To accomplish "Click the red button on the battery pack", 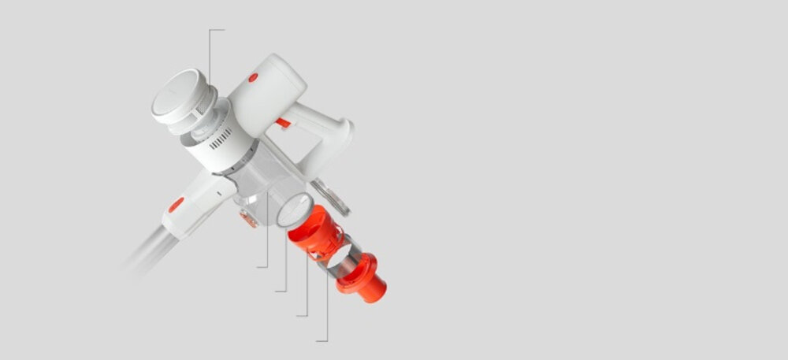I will pyautogui.click(x=253, y=77).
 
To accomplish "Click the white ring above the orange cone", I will pyautogui.click(x=293, y=210).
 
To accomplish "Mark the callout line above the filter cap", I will pyautogui.click(x=210, y=55).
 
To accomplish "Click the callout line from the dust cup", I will pyautogui.click(x=268, y=236).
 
